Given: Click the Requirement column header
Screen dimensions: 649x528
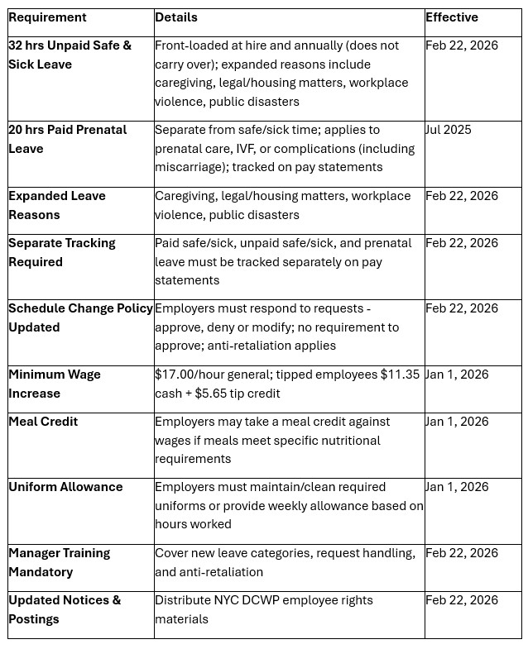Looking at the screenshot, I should coord(47,17).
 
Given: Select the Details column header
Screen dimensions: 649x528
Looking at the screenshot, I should coord(175,17).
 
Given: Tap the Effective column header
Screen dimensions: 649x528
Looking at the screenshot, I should coord(451,17).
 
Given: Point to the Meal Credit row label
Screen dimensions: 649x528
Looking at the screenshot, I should coord(43,422).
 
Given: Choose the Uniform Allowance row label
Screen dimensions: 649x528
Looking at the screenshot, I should coord(65,487).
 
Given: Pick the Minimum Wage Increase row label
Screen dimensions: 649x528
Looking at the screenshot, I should coord(55,384).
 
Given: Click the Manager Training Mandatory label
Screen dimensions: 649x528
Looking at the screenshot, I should coord(60,562).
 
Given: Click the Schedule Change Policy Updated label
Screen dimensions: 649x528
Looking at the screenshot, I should coord(80,317).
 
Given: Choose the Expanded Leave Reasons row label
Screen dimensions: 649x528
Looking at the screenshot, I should coord(57,205).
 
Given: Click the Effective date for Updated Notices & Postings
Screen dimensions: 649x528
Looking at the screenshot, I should coord(462,600).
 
